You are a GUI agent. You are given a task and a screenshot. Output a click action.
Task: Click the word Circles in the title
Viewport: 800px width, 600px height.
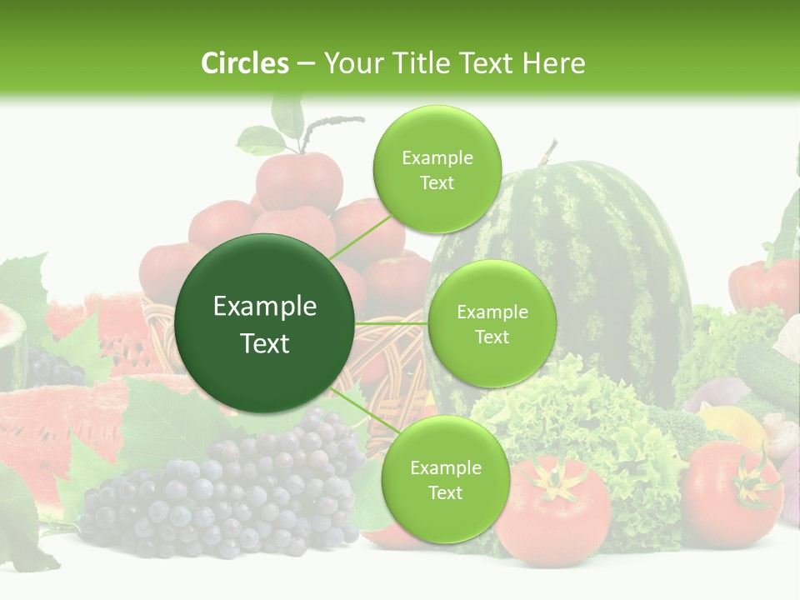[245, 63]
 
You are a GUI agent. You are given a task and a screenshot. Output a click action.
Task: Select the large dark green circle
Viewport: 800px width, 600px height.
[265, 324]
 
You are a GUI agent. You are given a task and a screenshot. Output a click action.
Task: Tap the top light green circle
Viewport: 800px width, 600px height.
[437, 169]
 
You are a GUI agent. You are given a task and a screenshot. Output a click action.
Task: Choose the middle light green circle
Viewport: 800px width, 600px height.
[492, 323]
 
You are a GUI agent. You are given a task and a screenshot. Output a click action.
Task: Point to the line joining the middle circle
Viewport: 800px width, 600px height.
[391, 323]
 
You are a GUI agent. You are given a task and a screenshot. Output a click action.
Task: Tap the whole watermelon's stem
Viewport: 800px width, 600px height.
[547, 153]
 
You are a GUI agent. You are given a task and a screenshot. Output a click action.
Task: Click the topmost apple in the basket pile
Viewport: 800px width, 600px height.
[298, 179]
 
